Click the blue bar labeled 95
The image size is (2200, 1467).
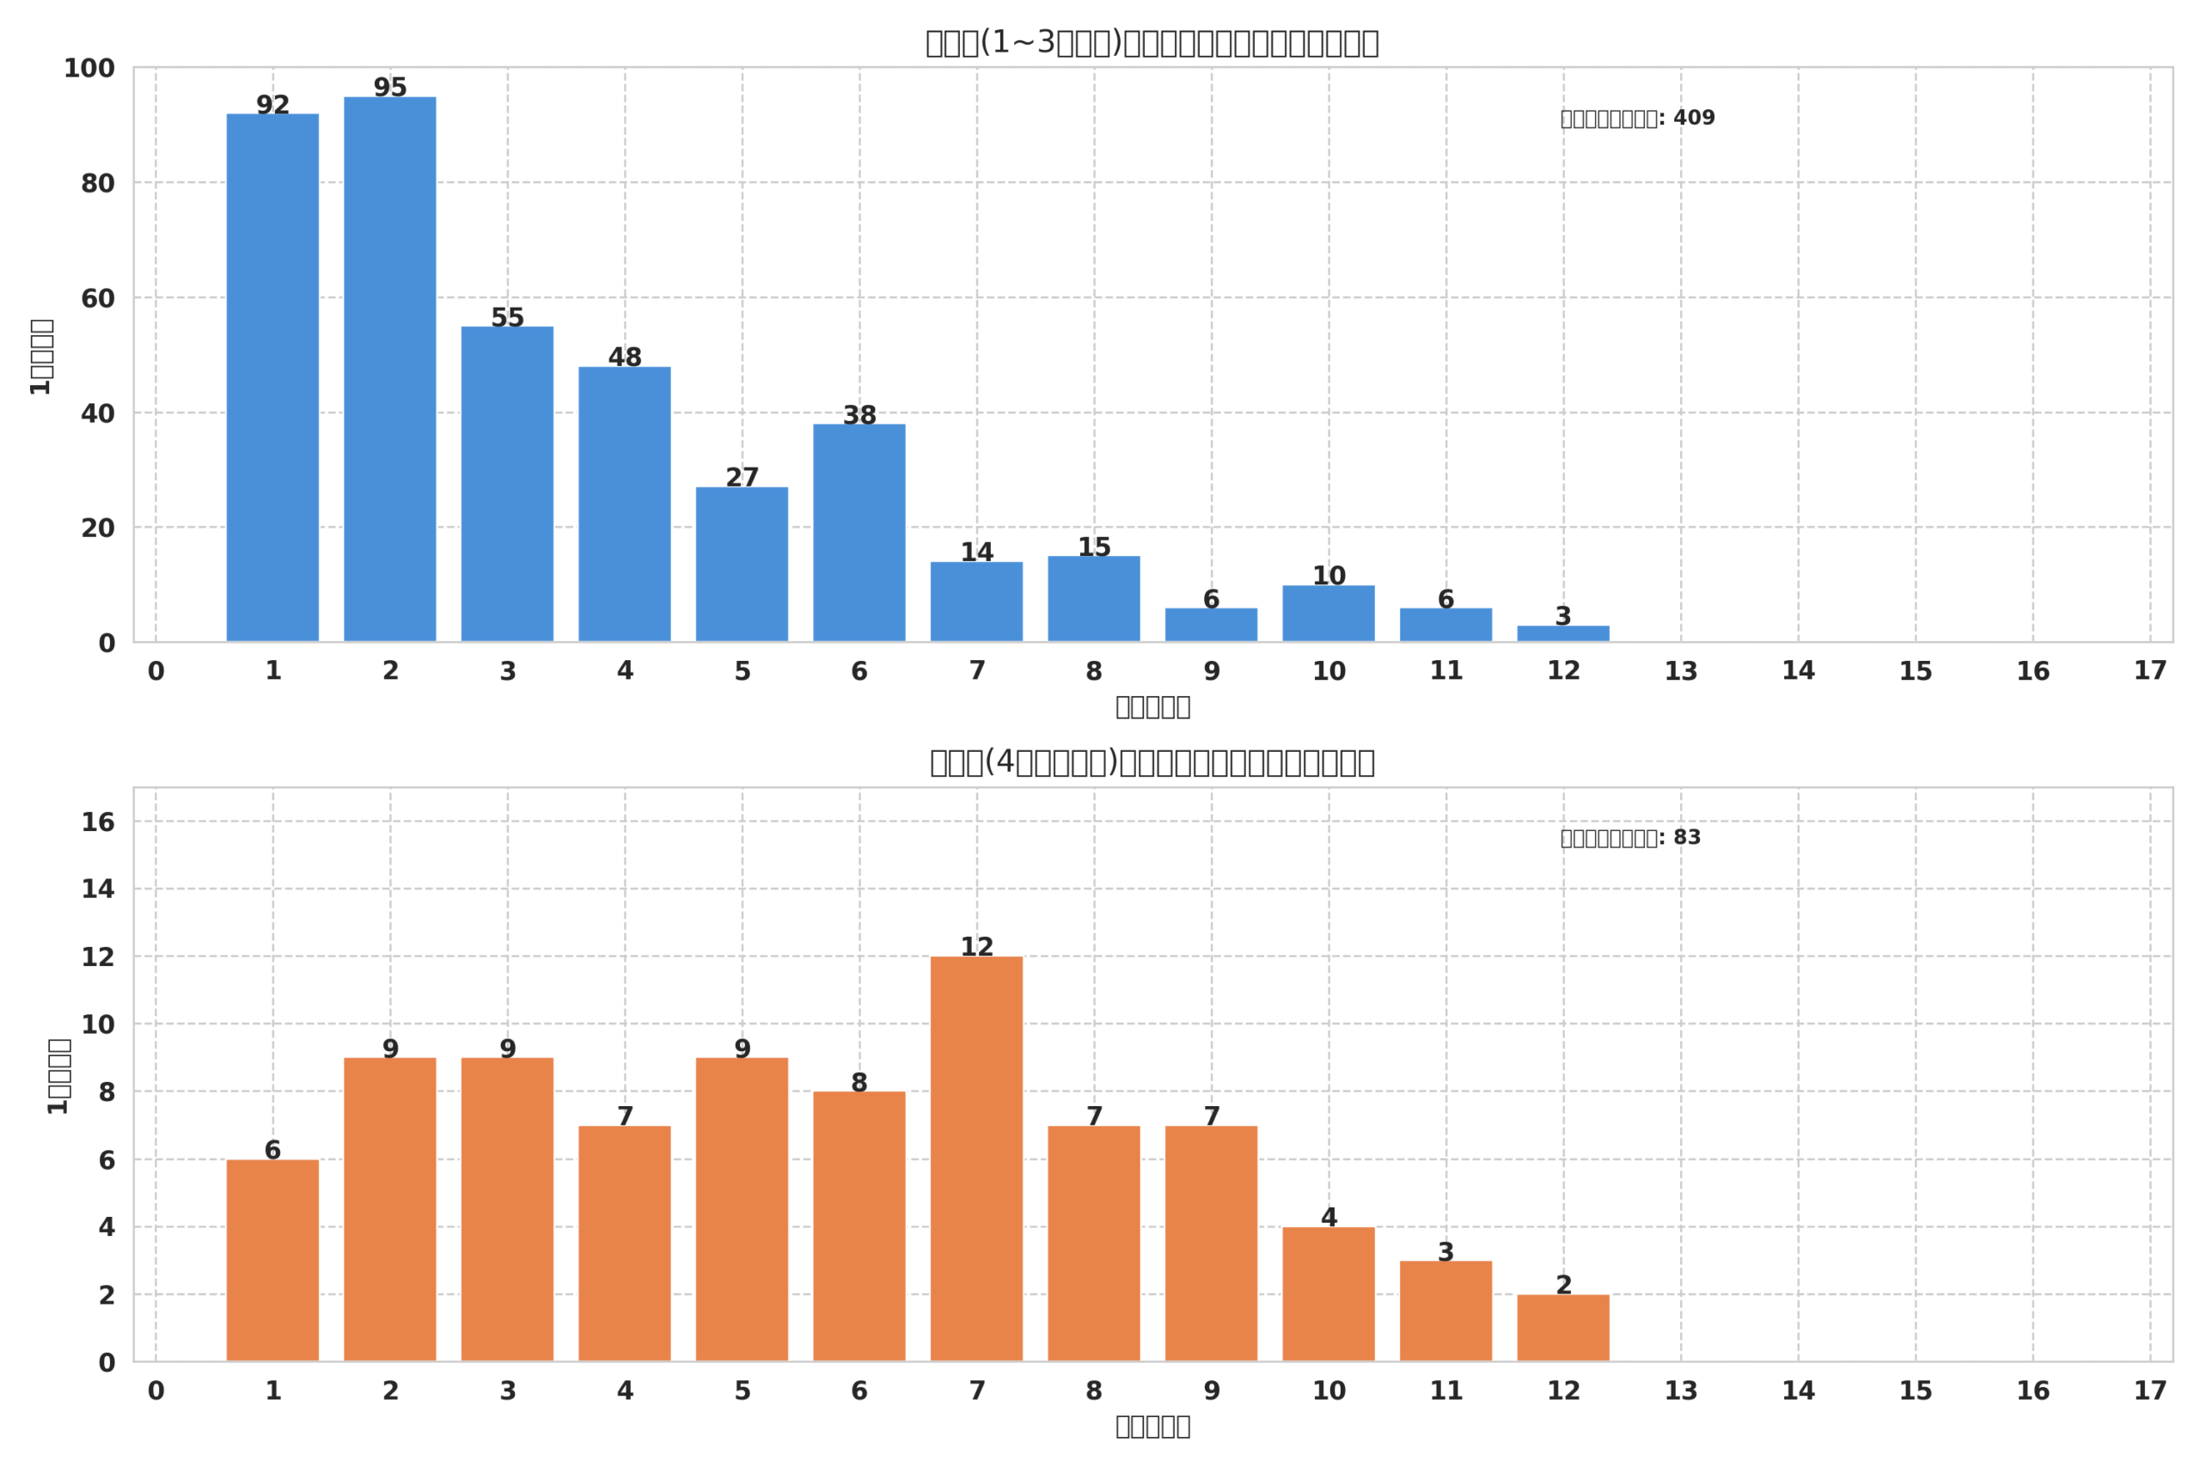click(x=390, y=369)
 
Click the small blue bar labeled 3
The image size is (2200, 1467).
click(x=1563, y=633)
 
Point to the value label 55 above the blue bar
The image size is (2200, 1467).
click(x=507, y=318)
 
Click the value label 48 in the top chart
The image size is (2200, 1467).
click(x=625, y=358)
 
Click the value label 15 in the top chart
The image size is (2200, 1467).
click(x=1093, y=547)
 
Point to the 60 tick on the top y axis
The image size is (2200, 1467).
click(x=97, y=298)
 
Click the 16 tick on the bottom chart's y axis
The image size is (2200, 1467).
click(x=97, y=822)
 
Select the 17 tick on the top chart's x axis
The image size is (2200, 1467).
click(x=2150, y=671)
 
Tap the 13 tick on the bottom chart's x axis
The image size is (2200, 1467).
click(x=1681, y=1391)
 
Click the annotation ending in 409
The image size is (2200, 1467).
click(x=1637, y=119)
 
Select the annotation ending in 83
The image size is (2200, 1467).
click(x=1630, y=838)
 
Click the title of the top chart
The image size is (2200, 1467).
click(x=1152, y=43)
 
